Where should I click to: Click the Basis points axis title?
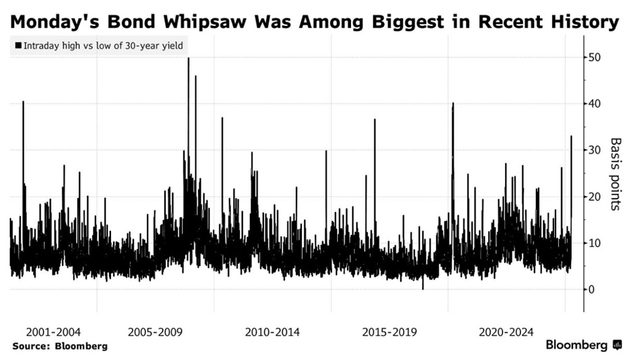click(x=616, y=173)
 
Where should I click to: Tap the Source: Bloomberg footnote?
click(x=60, y=346)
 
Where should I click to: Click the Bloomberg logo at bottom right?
click(x=584, y=345)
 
